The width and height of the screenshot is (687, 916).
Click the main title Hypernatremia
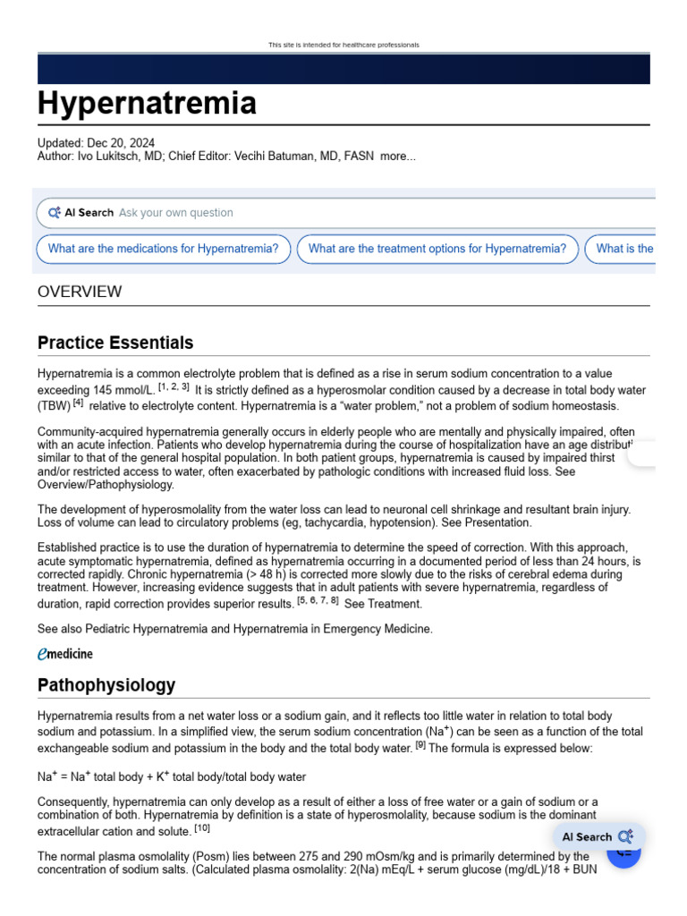coord(147,104)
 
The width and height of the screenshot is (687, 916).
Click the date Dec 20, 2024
coord(121,143)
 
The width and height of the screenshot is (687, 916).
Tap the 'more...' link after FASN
coord(397,157)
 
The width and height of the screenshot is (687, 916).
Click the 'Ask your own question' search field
coord(175,213)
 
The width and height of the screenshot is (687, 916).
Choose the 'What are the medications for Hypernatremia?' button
coord(163,249)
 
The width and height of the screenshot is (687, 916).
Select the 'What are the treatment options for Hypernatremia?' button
coord(437,249)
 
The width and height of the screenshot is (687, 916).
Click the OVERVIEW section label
coord(80,292)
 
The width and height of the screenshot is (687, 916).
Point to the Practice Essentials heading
coord(115,343)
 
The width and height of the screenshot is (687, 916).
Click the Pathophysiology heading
coord(106,685)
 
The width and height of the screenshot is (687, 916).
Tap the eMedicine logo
coord(64,654)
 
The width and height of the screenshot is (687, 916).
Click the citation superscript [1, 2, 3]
coord(174,386)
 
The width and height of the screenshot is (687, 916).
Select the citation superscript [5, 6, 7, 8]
coord(318,600)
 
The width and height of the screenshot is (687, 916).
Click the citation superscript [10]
coord(202,828)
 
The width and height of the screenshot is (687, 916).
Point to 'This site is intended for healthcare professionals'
coord(343,45)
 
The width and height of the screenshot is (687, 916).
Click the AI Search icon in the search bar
coord(55,213)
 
